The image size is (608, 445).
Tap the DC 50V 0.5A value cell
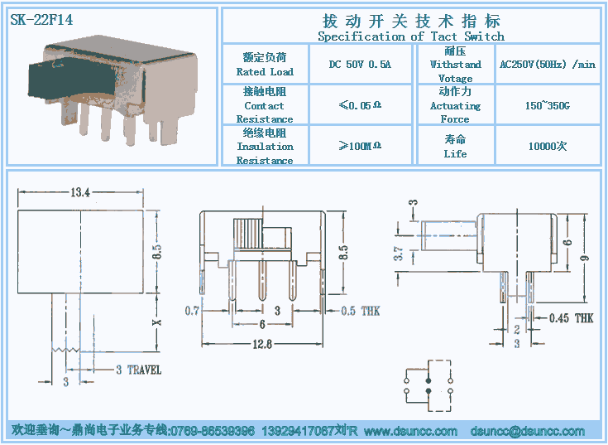click(360, 64)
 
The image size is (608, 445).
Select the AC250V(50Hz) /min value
click(547, 64)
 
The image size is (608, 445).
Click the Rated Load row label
click(265, 72)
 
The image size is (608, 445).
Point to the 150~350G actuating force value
click(547, 106)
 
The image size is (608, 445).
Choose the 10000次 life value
click(547, 147)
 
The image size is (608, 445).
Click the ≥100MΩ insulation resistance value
click(360, 146)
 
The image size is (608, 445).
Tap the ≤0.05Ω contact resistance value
click(360, 105)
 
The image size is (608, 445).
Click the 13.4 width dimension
click(80, 192)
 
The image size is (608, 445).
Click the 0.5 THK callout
click(361, 311)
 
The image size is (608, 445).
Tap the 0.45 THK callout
click(571, 318)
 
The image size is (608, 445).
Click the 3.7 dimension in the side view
click(398, 254)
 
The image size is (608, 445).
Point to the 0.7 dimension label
click(192, 311)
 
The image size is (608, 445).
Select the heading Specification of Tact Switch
click(411, 36)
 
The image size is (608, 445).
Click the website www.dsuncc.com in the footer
click(410, 431)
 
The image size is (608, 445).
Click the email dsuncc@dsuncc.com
click(527, 431)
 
